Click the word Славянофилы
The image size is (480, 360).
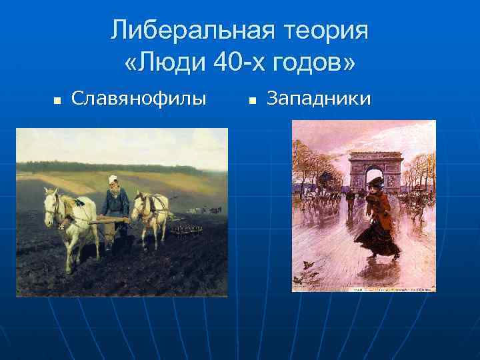click(x=139, y=99)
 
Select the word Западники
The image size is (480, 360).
click(x=319, y=99)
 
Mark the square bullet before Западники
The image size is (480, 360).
click(x=253, y=101)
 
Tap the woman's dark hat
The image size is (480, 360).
click(x=375, y=181)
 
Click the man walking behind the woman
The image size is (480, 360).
click(x=349, y=199)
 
